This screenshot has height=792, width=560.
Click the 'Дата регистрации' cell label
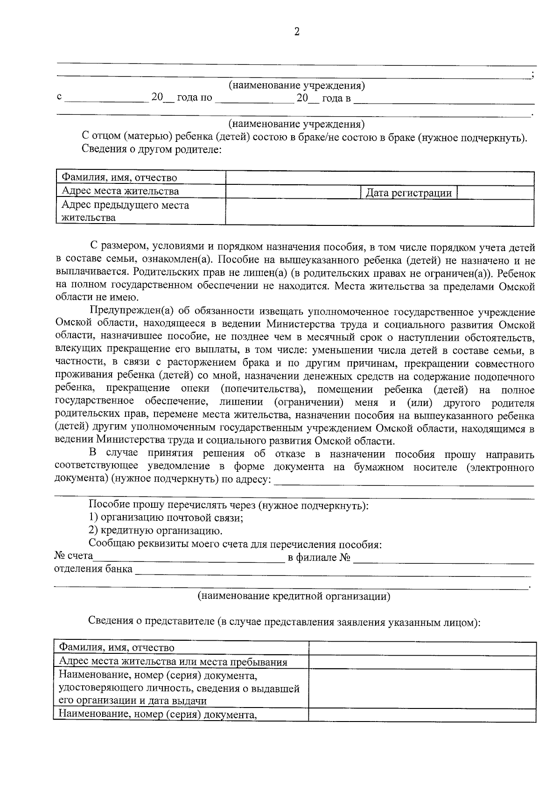pyautogui.click(x=408, y=193)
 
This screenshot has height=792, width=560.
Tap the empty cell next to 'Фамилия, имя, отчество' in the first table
pyautogui.click(x=379, y=178)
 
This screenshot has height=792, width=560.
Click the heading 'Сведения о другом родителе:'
pyautogui.click(x=151, y=149)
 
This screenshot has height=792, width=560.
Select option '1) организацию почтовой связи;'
pyautogui.click(x=166, y=518)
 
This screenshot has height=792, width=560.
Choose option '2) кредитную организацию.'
pyautogui.click(x=155, y=531)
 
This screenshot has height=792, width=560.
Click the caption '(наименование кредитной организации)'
pyautogui.click(x=294, y=596)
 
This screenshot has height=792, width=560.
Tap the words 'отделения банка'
pyautogui.click(x=93, y=570)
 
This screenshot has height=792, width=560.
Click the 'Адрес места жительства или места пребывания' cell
pyautogui.click(x=173, y=662)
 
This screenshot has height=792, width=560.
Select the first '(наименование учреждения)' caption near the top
pyautogui.click(x=297, y=86)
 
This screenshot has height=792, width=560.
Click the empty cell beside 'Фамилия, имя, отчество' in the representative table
pyautogui.click(x=422, y=649)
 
